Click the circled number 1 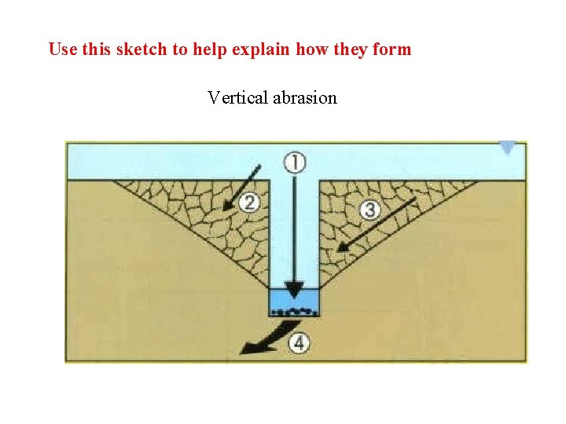pos(294,163)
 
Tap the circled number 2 pos(248,203)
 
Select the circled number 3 pos(370,210)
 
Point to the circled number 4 pos(299,342)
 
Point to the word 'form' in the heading pos(394,49)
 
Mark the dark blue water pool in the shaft pos(293,302)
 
